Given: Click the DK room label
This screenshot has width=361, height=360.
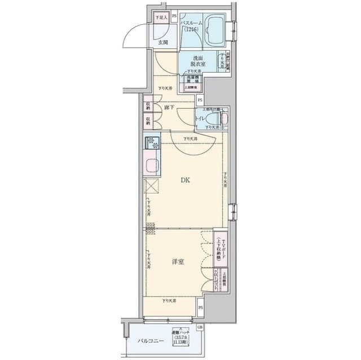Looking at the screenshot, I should (x=185, y=181).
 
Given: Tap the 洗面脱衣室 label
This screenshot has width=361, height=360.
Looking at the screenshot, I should (x=198, y=62).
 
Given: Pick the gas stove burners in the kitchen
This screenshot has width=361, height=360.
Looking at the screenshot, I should (x=152, y=143).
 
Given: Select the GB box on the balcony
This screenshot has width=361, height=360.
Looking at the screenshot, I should (x=200, y=327).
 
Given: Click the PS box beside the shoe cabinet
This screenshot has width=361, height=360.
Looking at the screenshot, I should (x=174, y=16).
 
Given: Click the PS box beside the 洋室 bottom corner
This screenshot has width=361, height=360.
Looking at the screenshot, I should (x=201, y=308).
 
